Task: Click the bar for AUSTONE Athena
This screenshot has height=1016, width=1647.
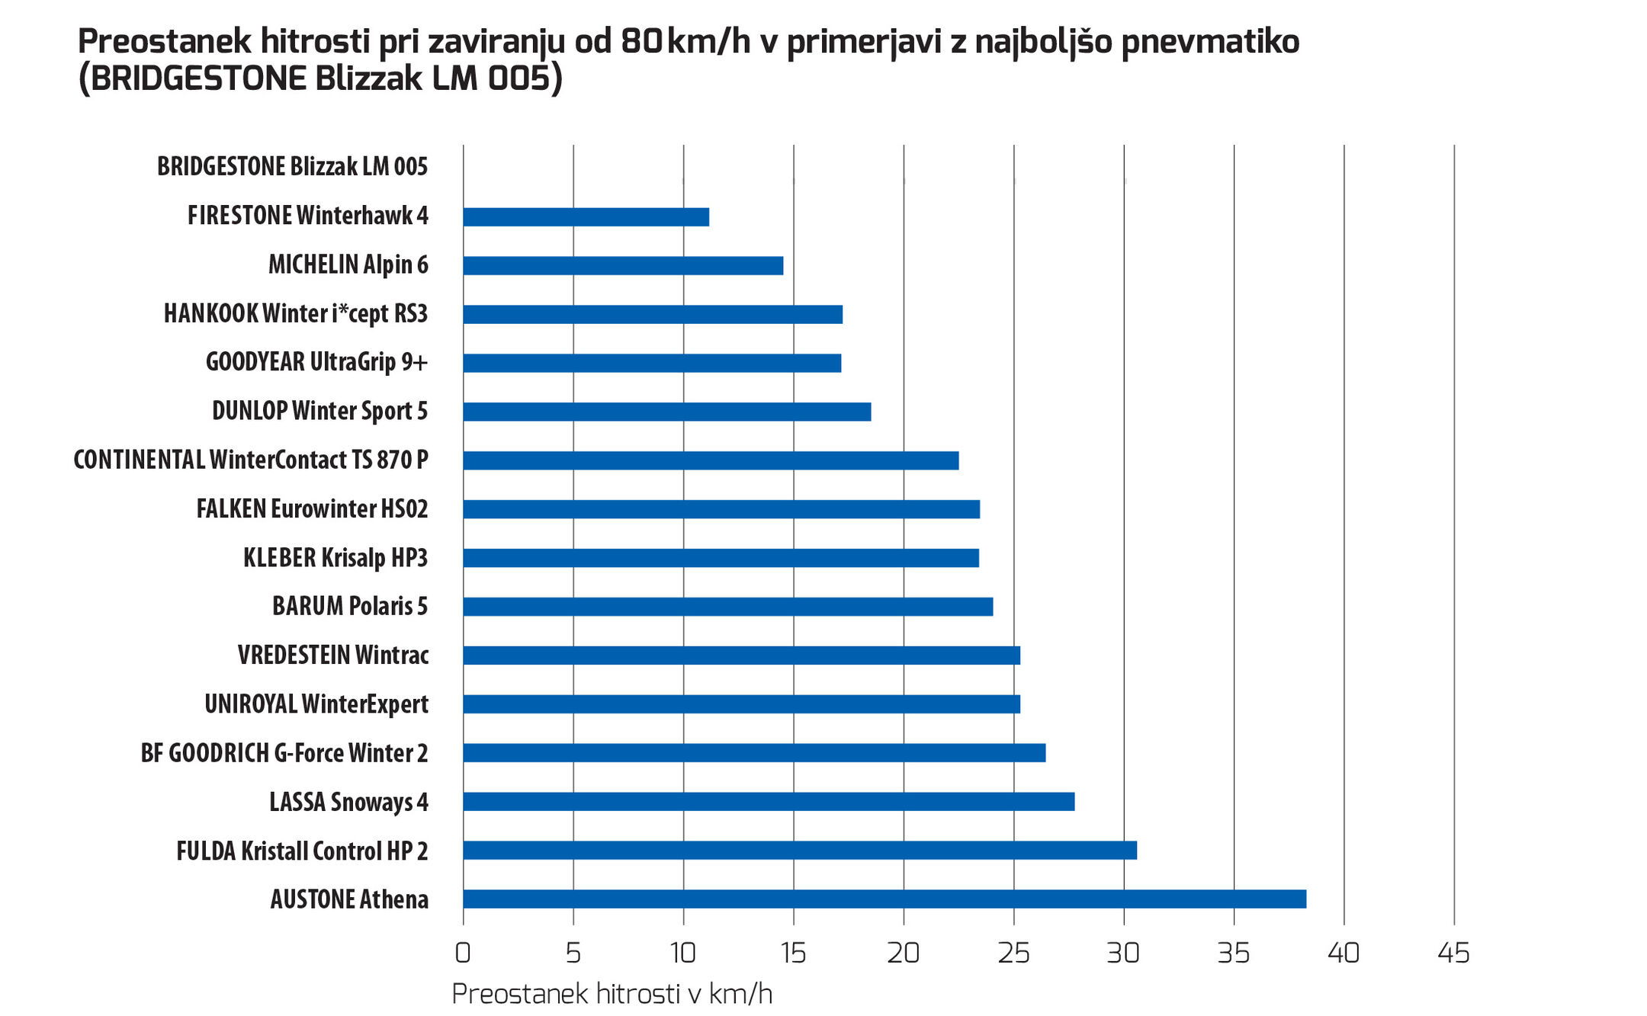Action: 884,899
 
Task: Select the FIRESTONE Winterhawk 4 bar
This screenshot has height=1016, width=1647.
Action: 586,217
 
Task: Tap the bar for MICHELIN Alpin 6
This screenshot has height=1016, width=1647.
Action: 623,265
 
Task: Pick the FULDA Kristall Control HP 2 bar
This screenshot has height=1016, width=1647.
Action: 800,850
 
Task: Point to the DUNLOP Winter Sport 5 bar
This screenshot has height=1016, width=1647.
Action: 666,412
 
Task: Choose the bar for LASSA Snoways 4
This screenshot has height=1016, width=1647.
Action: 769,801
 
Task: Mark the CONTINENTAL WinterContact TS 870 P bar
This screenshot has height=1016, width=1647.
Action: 711,460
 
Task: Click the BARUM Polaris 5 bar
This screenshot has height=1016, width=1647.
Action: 727,607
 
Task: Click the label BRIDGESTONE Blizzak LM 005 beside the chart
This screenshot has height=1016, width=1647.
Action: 292,166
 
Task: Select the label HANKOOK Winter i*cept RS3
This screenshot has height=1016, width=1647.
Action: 296,313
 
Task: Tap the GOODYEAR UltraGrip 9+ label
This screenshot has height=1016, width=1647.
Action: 316,361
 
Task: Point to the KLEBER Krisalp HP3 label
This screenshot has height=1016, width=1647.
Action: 335,557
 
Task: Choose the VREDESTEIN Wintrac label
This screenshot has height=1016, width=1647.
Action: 333,655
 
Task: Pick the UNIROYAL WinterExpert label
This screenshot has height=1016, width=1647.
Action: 316,704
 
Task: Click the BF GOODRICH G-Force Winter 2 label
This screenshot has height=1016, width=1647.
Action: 284,753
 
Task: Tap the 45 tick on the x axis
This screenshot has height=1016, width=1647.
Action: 1453,953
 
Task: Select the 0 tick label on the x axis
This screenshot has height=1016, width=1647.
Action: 463,953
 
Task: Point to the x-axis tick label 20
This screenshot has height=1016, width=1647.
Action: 904,953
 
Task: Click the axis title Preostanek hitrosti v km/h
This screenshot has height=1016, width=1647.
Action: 612,994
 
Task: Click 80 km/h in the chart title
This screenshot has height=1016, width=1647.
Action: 685,41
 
